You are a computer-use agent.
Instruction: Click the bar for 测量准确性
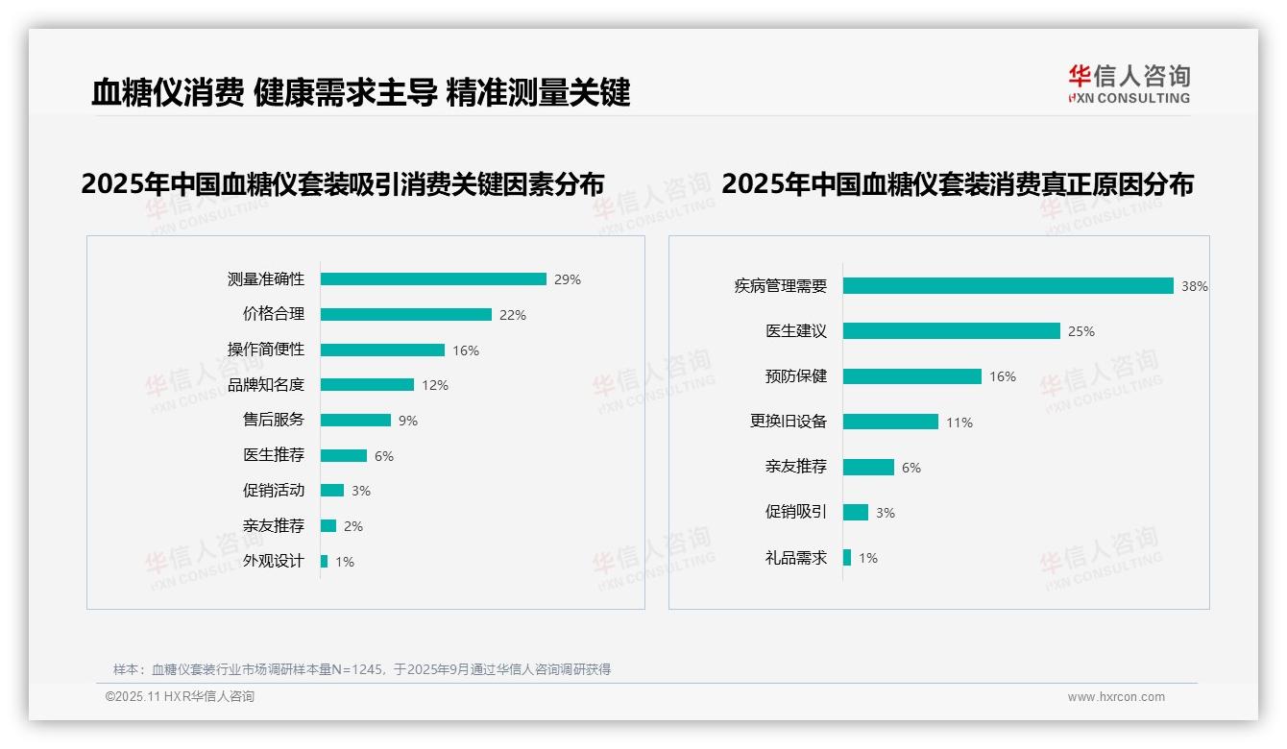433,279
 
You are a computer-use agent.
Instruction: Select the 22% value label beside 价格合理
512,315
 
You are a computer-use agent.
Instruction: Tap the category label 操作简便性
266,350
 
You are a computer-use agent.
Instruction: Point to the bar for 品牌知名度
367,385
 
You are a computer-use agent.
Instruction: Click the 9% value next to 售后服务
408,421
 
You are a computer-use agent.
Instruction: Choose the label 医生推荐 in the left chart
274,455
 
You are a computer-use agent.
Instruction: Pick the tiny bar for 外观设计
325,561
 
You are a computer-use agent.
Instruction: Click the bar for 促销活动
332,491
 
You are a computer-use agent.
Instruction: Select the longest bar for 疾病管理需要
1008,286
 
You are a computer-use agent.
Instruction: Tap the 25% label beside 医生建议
1081,331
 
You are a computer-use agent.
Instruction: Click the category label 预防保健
795,376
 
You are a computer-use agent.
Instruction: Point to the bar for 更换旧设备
890,422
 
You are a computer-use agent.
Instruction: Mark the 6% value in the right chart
911,468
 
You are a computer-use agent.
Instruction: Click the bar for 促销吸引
856,513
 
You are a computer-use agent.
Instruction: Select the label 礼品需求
795,557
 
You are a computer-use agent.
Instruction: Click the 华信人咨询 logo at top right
1129,85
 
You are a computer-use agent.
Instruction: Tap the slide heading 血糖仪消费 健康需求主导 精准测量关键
360,93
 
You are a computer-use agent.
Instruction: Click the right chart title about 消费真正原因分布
958,183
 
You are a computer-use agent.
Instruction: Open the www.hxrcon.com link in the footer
1116,697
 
